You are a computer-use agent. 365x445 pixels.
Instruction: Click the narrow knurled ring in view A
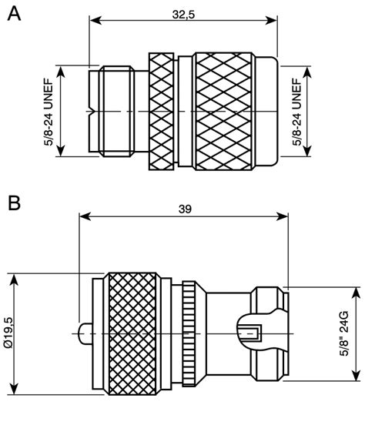[x=161, y=112]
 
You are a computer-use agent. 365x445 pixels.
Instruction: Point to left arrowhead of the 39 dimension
[x=83, y=216]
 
